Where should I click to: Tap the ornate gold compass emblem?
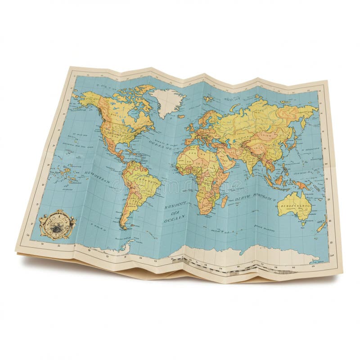click(x=57, y=223)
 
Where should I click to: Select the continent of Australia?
click(x=295, y=207)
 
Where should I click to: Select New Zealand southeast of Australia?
click(x=321, y=225)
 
